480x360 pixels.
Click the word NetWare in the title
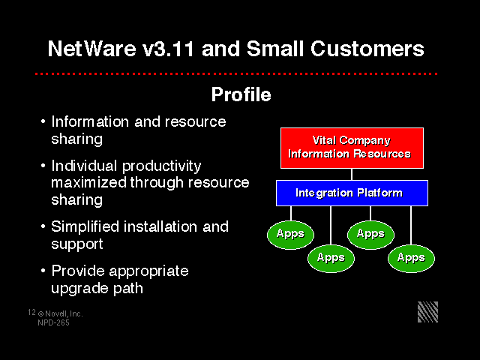[x=91, y=49]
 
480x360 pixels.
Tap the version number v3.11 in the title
[x=168, y=49]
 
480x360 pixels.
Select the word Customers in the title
[x=367, y=49]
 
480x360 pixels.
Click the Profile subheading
[x=241, y=94]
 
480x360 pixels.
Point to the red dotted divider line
[x=236, y=73]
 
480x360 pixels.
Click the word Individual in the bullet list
[x=84, y=166]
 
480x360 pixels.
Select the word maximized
[x=88, y=183]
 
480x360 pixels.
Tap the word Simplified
[x=85, y=227]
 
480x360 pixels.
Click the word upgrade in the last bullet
[x=79, y=289]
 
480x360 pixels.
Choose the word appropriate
[x=148, y=272]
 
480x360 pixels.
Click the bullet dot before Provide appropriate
[x=43, y=271]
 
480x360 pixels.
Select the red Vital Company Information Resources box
[x=352, y=148]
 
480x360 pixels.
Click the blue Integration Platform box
[x=352, y=193]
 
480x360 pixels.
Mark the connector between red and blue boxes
[x=352, y=174]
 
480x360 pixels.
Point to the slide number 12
[x=31, y=312]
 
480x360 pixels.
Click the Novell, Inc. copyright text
[x=60, y=313]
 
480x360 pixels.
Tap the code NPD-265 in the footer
[x=53, y=322]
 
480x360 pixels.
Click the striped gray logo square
[x=428, y=312]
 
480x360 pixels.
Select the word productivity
[x=162, y=166]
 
